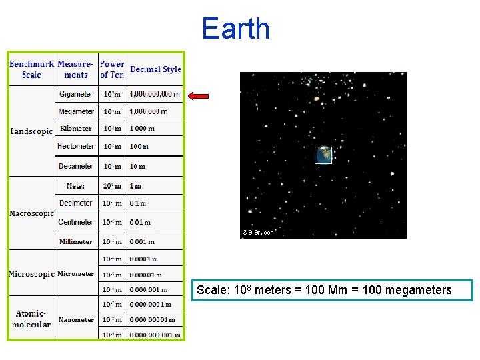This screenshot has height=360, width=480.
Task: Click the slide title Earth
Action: (235, 29)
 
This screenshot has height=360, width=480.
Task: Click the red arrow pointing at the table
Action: (198, 96)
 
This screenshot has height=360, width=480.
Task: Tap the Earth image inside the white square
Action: (323, 155)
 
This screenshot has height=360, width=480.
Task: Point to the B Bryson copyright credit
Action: (258, 233)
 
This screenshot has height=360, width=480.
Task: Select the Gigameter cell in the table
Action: (76, 95)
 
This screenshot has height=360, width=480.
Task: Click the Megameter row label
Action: (76, 111)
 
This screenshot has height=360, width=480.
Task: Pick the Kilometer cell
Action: (76, 129)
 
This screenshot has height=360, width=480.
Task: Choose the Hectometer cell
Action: (76, 146)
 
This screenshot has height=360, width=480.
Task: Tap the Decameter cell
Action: (76, 166)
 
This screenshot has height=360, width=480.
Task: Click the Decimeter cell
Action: (76, 203)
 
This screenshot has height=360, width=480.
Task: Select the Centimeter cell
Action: (76, 222)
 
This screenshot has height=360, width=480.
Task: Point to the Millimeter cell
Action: (76, 241)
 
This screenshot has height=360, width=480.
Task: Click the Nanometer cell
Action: (76, 320)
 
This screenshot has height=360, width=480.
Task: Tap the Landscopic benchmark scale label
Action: (31, 131)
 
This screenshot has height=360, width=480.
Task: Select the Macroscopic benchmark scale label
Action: (31, 214)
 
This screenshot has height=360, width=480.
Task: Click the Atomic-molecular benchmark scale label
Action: (31, 319)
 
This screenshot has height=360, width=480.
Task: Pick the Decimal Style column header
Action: (155, 69)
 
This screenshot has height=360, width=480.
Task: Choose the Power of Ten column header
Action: (112, 69)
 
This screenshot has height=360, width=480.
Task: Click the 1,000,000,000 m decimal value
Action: (155, 95)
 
